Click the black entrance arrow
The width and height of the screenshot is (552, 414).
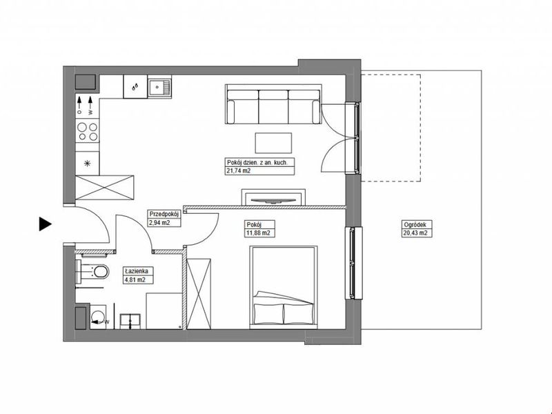click(x=45, y=224)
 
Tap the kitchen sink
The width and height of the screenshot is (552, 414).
click(x=159, y=87)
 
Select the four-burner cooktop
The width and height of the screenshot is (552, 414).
click(x=88, y=131)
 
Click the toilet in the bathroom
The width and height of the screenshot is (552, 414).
click(x=92, y=271)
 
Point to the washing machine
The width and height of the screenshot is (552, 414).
click(x=98, y=317)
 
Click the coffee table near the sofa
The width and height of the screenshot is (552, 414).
click(x=273, y=143)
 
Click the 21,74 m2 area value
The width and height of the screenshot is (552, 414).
click(x=239, y=171)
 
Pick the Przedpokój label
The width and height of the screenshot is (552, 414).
click(x=164, y=214)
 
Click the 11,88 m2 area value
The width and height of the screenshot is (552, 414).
click(x=259, y=233)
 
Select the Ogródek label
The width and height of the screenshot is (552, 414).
click(x=415, y=224)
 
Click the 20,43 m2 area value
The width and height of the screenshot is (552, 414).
click(x=416, y=233)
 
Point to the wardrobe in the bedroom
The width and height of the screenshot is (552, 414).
click(x=199, y=294)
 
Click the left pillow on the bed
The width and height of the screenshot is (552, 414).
click(x=268, y=313)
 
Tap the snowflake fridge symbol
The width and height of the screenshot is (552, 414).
click(x=88, y=163)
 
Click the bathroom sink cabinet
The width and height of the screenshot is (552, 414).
click(x=130, y=322)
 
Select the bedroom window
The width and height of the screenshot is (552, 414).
click(x=353, y=263)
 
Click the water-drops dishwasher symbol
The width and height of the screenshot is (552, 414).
click(x=135, y=87)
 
